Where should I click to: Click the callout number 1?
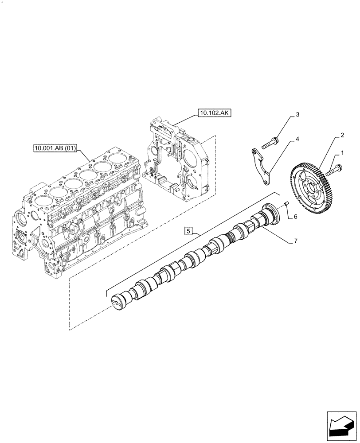(x=342, y=154)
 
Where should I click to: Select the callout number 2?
(x=343, y=136)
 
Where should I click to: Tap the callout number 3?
(x=297, y=115)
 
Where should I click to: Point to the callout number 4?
(x=297, y=139)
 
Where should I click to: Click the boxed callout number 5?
(x=188, y=231)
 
